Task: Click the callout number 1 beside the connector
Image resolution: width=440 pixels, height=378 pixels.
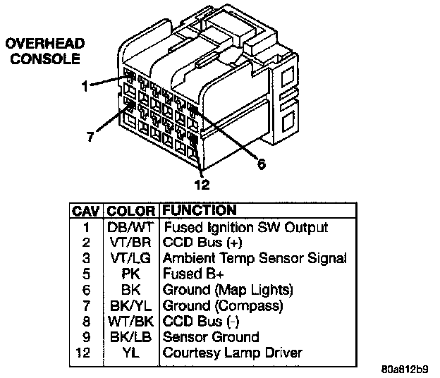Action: [84, 87]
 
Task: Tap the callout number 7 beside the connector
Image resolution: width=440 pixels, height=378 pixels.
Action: [90, 137]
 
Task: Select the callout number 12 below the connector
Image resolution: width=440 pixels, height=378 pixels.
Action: [202, 185]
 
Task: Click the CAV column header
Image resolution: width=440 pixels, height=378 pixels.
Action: [86, 211]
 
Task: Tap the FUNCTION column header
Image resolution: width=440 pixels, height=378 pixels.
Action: [200, 210]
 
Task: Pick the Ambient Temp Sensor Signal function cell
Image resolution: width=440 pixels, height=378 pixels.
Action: [255, 259]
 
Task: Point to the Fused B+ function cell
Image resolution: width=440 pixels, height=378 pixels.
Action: [193, 274]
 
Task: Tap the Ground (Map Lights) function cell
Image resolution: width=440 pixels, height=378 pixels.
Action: [228, 290]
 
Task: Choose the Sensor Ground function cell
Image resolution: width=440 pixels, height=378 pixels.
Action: [211, 337]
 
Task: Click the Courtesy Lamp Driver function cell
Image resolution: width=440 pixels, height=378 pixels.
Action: [233, 353]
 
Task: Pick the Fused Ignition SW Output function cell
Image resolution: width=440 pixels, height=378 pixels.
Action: [245, 228]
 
